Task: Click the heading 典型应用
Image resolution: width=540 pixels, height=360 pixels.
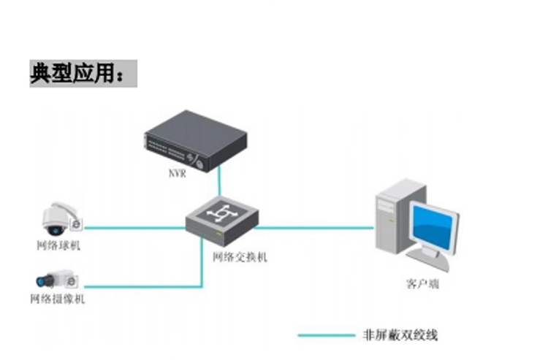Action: (x=83, y=74)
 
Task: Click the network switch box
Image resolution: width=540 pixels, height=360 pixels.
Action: (x=221, y=218)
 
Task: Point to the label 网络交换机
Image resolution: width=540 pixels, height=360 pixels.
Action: (x=240, y=257)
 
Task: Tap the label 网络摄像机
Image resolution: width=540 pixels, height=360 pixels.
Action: (x=58, y=299)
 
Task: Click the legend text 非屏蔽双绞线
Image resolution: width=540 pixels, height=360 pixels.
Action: (x=400, y=335)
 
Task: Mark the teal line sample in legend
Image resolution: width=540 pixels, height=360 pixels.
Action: (x=326, y=335)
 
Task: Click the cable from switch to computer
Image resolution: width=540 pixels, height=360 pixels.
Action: (x=314, y=227)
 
